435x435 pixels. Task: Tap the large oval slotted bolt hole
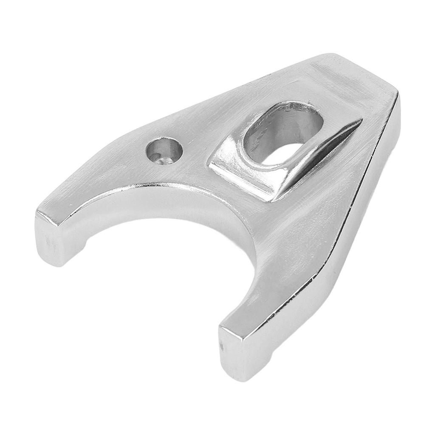[x=282, y=132]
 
